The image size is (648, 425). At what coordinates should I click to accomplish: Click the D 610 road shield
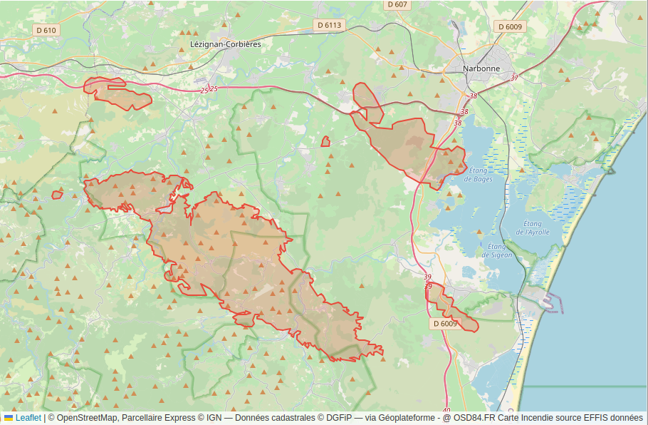pyautogui.click(x=46, y=30)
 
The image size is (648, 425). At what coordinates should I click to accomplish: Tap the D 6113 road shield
pyautogui.click(x=329, y=25)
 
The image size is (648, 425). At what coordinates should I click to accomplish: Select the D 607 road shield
pyautogui.click(x=397, y=4)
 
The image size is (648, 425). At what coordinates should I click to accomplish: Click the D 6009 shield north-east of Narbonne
pyautogui.click(x=510, y=26)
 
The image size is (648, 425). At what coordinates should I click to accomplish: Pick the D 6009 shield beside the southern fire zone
pyautogui.click(x=444, y=324)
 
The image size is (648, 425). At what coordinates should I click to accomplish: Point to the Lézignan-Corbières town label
pyautogui.click(x=226, y=43)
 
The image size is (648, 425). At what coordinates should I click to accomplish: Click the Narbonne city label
pyautogui.click(x=481, y=68)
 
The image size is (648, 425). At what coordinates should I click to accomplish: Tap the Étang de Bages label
pyautogui.click(x=479, y=175)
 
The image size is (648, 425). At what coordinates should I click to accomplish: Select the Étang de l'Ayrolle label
pyautogui.click(x=532, y=228)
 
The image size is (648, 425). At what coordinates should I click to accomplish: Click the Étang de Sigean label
pyautogui.click(x=496, y=250)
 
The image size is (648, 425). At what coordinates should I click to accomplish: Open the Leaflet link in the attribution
pyautogui.click(x=28, y=418)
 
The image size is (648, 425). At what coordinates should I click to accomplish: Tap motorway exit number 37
pyautogui.click(x=514, y=78)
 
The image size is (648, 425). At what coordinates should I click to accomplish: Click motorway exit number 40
pyautogui.click(x=446, y=410)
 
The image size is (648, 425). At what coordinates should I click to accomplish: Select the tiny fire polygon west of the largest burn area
pyautogui.click(x=57, y=195)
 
